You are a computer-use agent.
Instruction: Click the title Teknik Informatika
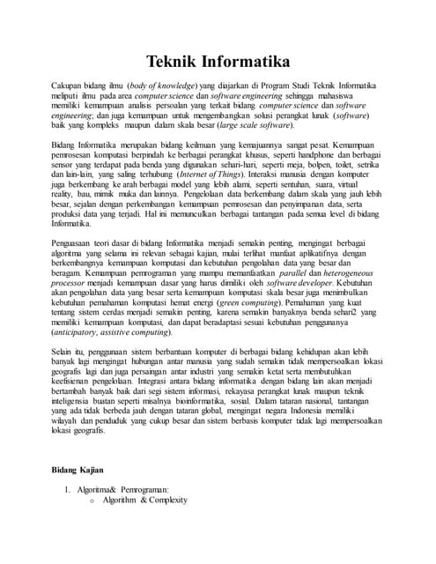tap(218, 63)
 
